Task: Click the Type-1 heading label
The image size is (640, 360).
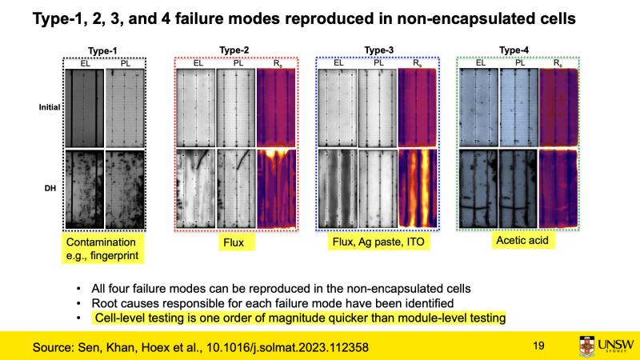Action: (102, 51)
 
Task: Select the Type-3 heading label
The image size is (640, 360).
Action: (378, 50)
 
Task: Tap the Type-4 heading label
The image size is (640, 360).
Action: (514, 50)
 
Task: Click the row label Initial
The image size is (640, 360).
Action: (50, 107)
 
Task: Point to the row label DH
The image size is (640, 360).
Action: (50, 188)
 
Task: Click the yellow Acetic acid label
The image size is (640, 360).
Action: (522, 241)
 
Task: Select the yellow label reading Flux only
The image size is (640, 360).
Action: (234, 242)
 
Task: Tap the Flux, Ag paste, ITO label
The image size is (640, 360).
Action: (378, 242)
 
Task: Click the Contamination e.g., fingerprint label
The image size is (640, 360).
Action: (103, 249)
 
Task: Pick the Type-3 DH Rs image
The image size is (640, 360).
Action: (418, 188)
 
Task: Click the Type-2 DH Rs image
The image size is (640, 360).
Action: (276, 189)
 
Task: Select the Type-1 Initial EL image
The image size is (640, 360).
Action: (85, 108)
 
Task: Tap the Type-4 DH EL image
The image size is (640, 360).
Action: (478, 189)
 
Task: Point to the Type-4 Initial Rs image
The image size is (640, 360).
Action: (558, 108)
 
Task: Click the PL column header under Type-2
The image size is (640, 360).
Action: (238, 63)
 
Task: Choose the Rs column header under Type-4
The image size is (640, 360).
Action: (558, 63)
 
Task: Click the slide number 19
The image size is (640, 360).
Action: (538, 346)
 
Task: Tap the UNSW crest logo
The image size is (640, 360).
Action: (587, 347)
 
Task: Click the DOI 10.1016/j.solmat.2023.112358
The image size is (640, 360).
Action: (287, 347)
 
